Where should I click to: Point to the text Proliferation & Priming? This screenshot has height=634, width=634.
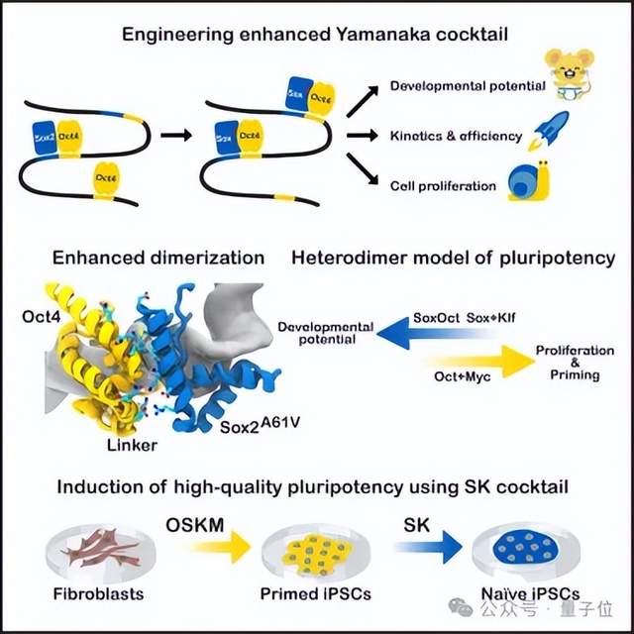568,363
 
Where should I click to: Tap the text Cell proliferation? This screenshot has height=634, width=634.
443,184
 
